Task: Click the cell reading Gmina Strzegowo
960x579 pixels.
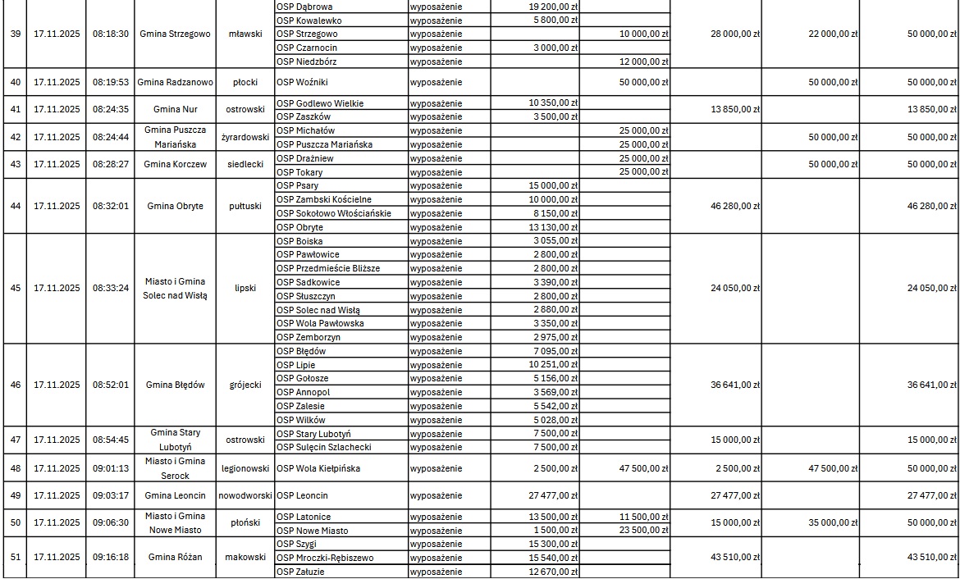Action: click(x=176, y=34)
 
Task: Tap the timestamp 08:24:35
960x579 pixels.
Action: click(x=110, y=109)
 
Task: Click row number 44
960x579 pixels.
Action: click(x=15, y=206)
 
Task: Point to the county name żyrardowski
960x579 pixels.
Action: click(x=245, y=137)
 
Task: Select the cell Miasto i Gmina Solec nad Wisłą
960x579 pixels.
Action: click(x=176, y=289)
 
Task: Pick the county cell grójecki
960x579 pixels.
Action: click(x=245, y=385)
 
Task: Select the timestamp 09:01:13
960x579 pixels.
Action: click(x=110, y=468)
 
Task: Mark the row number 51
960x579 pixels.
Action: click(x=15, y=557)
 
